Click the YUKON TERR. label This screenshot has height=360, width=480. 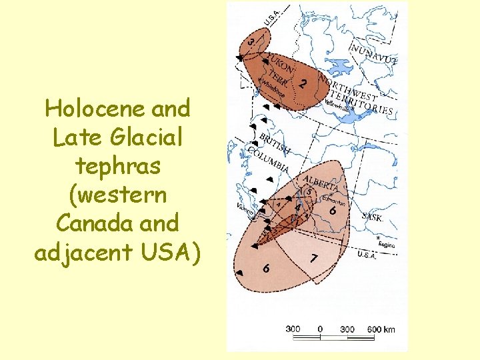coord(277,69)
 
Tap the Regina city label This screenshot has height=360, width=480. coord(386,245)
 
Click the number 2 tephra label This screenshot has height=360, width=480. coord(303,84)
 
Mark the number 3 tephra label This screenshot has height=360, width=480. coord(250,42)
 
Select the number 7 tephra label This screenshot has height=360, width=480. coord(313,258)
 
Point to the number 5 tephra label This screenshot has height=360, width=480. coord(307,192)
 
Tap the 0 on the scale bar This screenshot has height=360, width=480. coord(320,329)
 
